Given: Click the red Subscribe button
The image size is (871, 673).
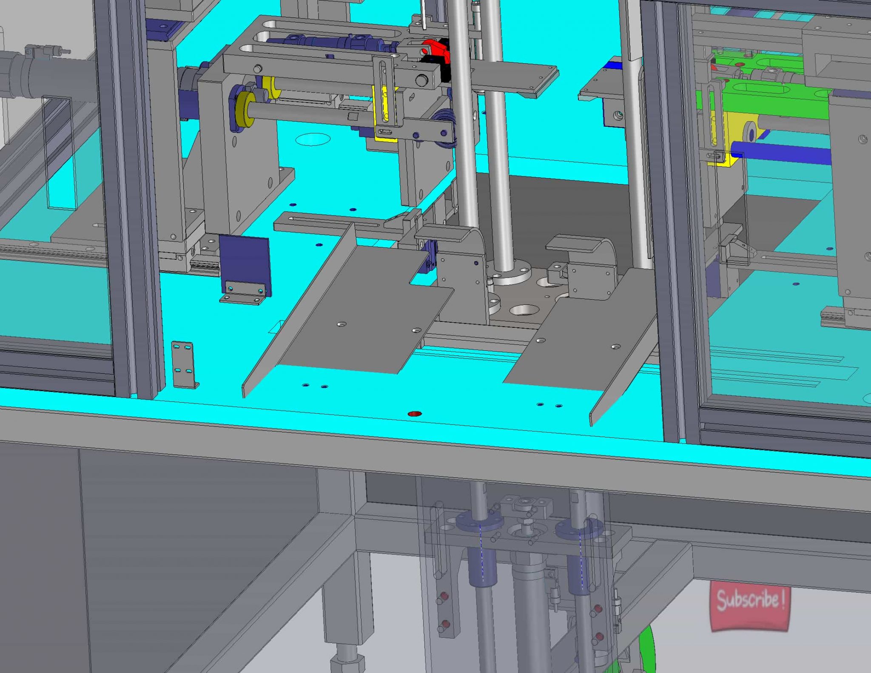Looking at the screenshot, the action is (x=749, y=606).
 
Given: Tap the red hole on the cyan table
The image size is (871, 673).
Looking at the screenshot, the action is (x=414, y=414).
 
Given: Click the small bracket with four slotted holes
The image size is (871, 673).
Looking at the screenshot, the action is (x=185, y=364).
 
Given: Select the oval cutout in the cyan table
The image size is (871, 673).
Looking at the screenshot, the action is (x=313, y=139).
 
